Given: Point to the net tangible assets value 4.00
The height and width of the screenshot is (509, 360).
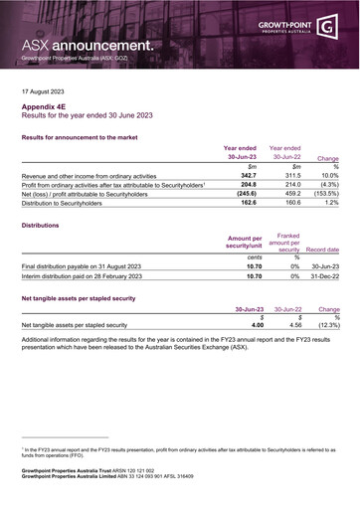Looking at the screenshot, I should (257, 325).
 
